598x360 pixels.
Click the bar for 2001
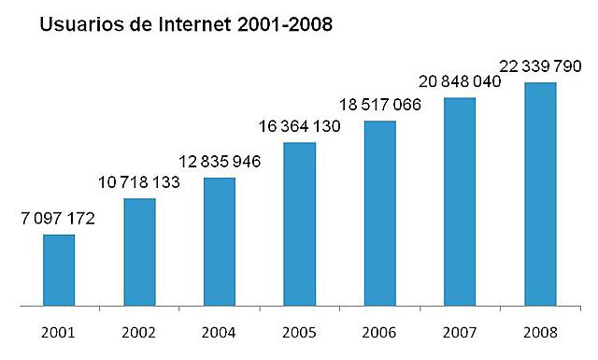(59, 269)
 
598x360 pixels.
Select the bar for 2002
(139, 252)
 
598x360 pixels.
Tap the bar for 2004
(219, 241)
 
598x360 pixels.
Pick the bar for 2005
(299, 223)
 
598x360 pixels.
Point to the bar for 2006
(379, 213)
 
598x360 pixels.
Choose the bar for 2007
(460, 201)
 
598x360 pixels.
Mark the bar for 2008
(540, 194)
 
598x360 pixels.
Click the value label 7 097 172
(58, 219)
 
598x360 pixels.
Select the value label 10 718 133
(139, 182)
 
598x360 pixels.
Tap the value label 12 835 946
(219, 162)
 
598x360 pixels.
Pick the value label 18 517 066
(380, 105)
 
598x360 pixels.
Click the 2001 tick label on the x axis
(59, 332)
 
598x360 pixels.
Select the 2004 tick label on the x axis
(219, 332)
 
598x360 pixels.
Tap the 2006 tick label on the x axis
(379, 332)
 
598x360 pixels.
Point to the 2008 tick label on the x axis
(540, 332)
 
